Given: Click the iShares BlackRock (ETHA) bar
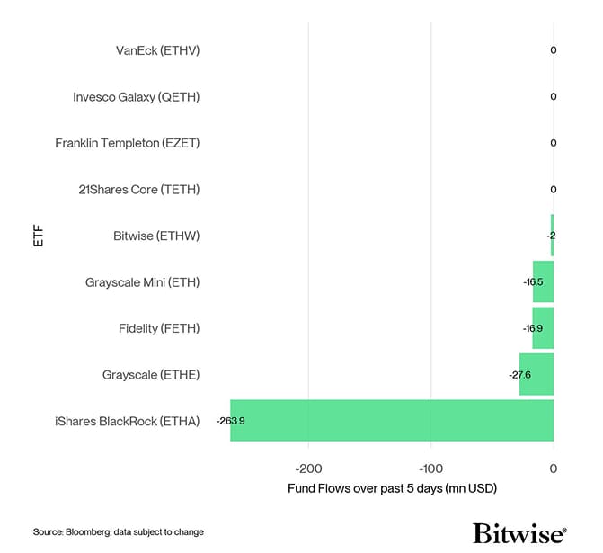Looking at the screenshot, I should [x=392, y=420].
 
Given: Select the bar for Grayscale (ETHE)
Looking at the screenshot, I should [x=536, y=374].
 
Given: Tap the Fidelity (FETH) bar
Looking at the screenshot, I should [x=543, y=328].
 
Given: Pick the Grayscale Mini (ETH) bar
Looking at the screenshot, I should [x=543, y=281].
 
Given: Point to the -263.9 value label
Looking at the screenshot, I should [x=231, y=421].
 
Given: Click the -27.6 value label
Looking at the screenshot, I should [x=519, y=374].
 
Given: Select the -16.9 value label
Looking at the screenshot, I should [x=533, y=328].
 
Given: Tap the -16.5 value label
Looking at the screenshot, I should [x=533, y=282].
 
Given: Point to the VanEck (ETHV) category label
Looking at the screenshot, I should [x=157, y=50].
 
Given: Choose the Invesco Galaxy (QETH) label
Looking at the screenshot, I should [x=136, y=97].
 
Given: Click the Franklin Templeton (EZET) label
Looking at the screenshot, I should [x=127, y=143].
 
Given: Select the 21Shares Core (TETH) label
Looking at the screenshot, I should [x=139, y=190].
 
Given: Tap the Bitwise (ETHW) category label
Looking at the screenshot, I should [x=156, y=236].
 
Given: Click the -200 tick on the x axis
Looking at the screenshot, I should [x=309, y=468].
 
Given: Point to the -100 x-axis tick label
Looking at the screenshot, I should [x=430, y=468].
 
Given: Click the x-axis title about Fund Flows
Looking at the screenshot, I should [x=392, y=488].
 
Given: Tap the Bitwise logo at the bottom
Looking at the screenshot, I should [x=519, y=532].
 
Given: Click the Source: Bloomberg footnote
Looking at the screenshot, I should [x=119, y=532].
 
